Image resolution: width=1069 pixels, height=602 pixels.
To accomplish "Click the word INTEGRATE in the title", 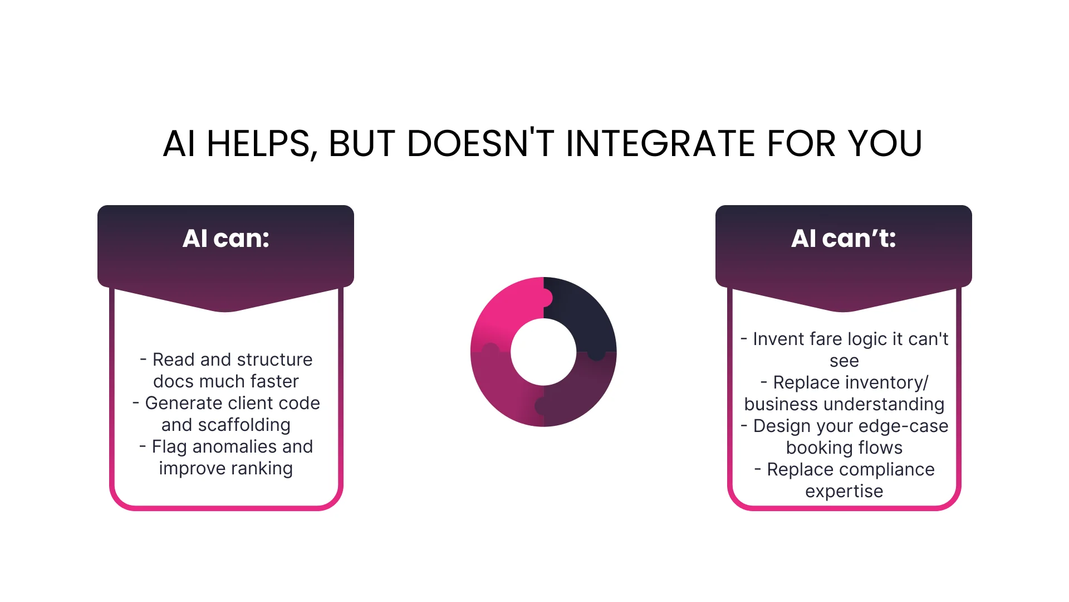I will tap(660, 144).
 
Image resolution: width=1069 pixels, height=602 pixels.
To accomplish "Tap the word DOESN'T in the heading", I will tap(480, 144).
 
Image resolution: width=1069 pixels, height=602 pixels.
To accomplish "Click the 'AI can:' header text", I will tap(226, 239).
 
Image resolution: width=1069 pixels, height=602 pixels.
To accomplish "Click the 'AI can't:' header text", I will tap(844, 239).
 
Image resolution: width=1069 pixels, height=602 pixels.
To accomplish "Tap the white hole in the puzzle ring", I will tap(543, 352).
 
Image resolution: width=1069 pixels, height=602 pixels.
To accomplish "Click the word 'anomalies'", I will tap(234, 446).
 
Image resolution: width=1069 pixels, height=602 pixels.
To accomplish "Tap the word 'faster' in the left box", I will tap(274, 381).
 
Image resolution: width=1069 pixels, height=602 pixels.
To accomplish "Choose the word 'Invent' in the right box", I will tap(778, 339).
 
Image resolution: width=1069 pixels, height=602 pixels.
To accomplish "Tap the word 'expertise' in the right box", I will tap(844, 491).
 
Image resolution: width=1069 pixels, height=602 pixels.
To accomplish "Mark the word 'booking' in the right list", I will tap(820, 448).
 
